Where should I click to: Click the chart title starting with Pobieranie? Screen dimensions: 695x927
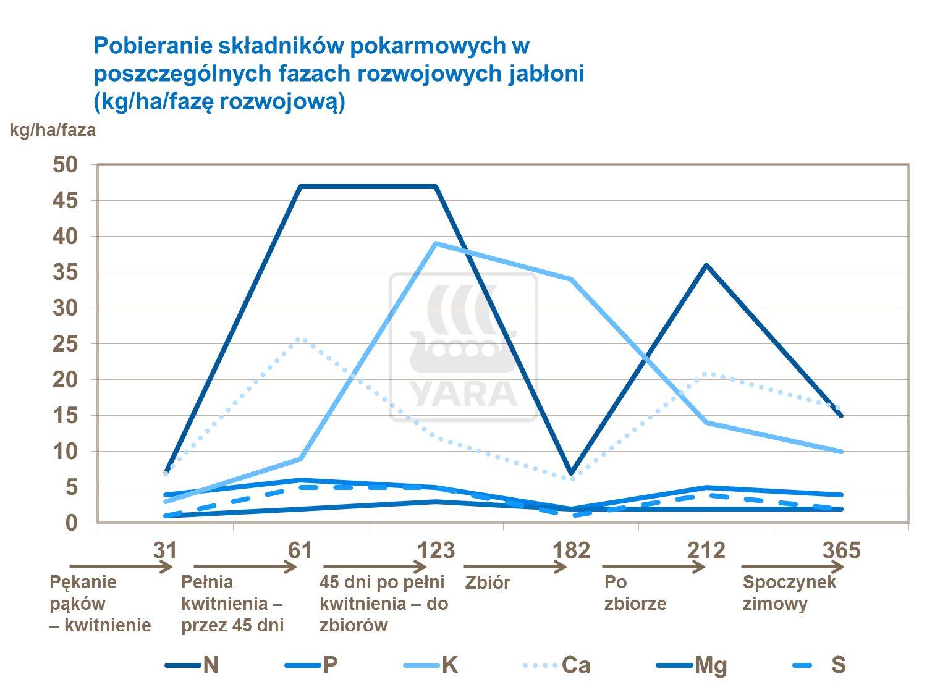339,73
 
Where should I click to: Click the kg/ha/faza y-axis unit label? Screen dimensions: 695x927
53,130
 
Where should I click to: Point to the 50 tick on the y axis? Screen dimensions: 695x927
66,165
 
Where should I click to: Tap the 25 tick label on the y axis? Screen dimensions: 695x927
66,344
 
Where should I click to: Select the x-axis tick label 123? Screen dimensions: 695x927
436,550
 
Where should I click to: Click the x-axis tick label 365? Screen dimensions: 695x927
841,550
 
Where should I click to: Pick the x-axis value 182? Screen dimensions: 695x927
572,550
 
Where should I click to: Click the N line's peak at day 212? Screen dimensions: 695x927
706,265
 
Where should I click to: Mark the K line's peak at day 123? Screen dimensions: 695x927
436,243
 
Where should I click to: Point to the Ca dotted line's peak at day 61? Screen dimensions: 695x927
301,338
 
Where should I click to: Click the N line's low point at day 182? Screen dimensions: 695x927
572,473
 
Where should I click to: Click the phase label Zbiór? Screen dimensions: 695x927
488,583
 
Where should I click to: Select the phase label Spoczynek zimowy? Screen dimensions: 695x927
789,592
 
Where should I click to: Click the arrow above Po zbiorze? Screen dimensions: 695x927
653,567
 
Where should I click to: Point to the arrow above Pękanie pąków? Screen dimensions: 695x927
121,567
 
